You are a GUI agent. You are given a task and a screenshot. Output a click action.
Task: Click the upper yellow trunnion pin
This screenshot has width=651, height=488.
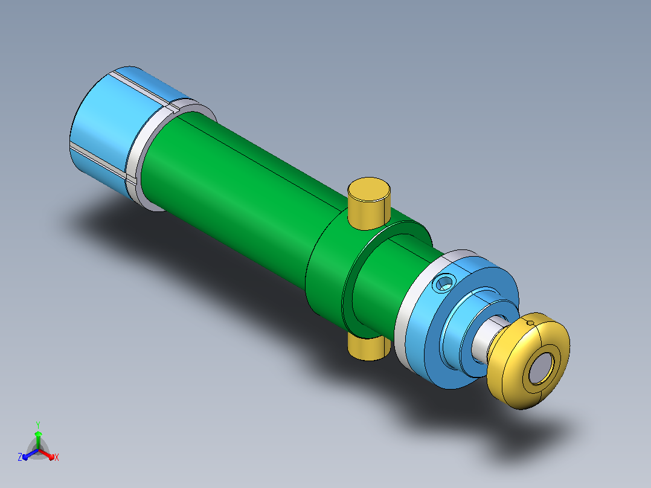pos(369,204)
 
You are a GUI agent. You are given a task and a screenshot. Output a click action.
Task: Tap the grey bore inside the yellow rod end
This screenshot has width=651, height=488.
pos(541,368)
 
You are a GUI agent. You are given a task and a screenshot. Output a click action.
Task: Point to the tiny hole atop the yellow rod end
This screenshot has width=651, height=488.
pos(530,323)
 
